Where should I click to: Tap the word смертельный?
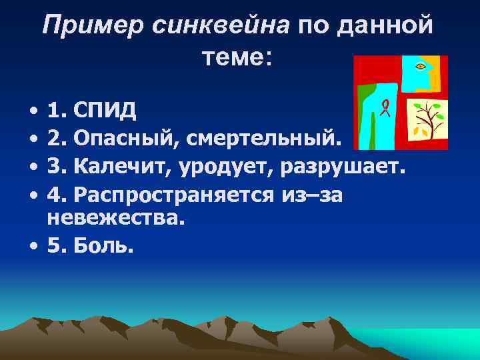click(x=263, y=139)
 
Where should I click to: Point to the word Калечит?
click(x=121, y=167)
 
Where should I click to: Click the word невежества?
click(x=113, y=217)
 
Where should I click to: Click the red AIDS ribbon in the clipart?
click(x=385, y=106)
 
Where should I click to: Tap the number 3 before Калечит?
click(x=55, y=167)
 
